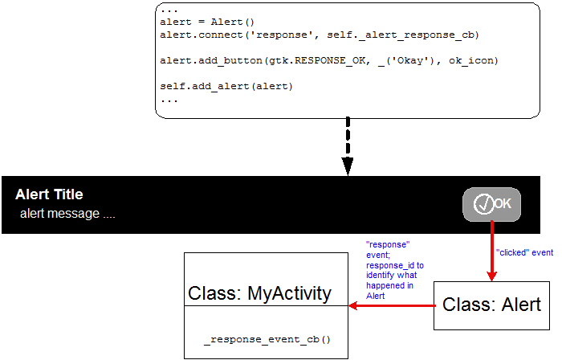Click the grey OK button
tap(491, 204)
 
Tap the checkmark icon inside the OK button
tap(483, 205)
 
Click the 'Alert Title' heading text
tap(49, 194)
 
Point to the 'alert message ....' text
tap(68, 214)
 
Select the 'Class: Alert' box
tap(492, 305)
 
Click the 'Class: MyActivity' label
tap(259, 293)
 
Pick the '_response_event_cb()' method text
tap(267, 341)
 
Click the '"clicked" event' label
tap(524, 252)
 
